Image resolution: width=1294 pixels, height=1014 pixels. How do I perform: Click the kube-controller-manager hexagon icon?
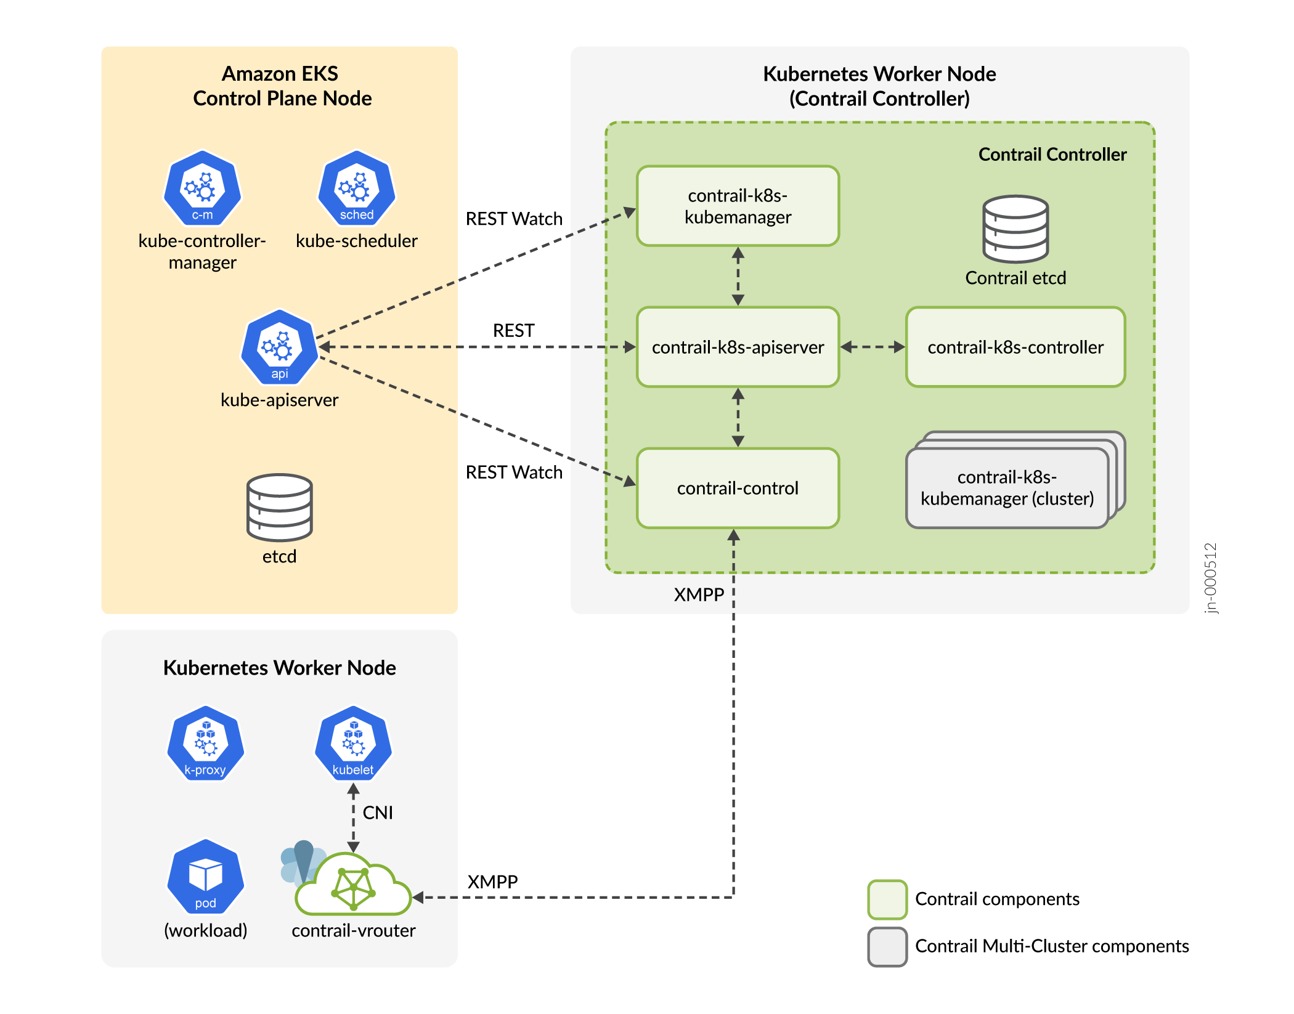pyautogui.click(x=202, y=189)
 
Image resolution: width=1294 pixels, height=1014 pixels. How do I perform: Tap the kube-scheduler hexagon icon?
pyautogui.click(x=356, y=189)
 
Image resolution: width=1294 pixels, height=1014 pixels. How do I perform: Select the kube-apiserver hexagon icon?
pyautogui.click(x=279, y=347)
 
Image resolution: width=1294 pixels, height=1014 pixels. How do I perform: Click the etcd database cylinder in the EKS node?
pyautogui.click(x=279, y=507)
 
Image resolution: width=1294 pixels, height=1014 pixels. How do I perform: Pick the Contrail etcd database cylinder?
pyautogui.click(x=1015, y=229)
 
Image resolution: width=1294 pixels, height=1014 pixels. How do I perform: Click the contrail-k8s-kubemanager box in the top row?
pyautogui.click(x=738, y=206)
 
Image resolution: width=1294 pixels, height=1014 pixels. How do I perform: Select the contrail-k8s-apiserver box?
pyautogui.click(x=738, y=347)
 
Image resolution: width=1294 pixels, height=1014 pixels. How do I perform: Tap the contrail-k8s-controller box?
pyautogui.click(x=1015, y=347)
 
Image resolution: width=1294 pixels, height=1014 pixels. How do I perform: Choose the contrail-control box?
pyautogui.click(x=738, y=489)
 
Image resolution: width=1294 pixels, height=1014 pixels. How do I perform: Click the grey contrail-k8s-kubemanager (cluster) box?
pyautogui.click(x=1007, y=488)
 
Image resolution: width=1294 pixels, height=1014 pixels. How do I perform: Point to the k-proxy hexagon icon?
pyautogui.click(x=205, y=744)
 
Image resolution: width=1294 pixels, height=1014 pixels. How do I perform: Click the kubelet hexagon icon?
pyautogui.click(x=353, y=744)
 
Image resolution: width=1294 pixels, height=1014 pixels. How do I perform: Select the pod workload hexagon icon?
pyautogui.click(x=205, y=877)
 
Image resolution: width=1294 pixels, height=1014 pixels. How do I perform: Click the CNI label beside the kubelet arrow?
pyautogui.click(x=378, y=813)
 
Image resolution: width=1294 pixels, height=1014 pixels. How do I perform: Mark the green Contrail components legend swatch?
pyautogui.click(x=887, y=899)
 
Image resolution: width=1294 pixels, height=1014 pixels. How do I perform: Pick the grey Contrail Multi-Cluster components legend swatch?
pyautogui.click(x=887, y=947)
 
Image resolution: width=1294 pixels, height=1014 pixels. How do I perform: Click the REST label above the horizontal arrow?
pyautogui.click(x=513, y=331)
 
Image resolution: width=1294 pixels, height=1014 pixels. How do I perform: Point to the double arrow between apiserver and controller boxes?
pyautogui.click(x=873, y=347)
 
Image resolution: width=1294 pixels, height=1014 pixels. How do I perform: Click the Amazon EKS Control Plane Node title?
pyautogui.click(x=282, y=86)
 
